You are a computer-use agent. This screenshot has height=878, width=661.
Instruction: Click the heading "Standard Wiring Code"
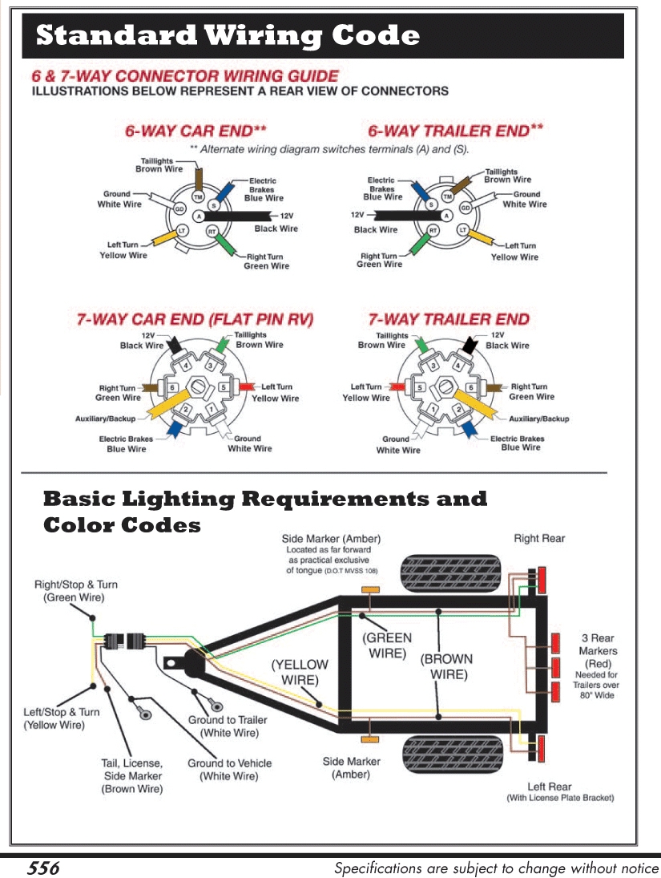point(228,36)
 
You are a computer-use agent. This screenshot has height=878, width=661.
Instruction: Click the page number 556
point(44,868)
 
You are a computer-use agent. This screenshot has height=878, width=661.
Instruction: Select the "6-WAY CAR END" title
point(195,131)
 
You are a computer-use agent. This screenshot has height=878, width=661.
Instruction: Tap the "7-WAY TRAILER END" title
point(448,319)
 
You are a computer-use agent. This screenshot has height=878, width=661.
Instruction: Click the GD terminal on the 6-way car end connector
point(179,209)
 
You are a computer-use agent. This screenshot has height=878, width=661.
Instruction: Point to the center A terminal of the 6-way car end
point(198,216)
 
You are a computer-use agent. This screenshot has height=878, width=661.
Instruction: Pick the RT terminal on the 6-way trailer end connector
point(433,231)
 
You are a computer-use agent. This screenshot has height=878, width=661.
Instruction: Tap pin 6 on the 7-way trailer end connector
point(471,388)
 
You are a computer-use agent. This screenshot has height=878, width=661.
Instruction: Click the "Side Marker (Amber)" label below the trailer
point(352,767)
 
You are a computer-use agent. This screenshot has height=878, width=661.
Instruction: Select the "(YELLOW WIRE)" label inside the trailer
point(300,672)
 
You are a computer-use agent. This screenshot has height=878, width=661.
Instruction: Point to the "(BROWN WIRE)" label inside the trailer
point(446,666)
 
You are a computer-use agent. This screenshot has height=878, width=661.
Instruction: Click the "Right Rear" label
point(538,538)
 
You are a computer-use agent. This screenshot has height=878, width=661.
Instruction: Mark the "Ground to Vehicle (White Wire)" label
point(229,770)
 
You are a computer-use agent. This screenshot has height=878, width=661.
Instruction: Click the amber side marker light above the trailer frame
point(370,590)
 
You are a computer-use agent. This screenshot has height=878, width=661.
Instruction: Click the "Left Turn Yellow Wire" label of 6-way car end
point(123,250)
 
